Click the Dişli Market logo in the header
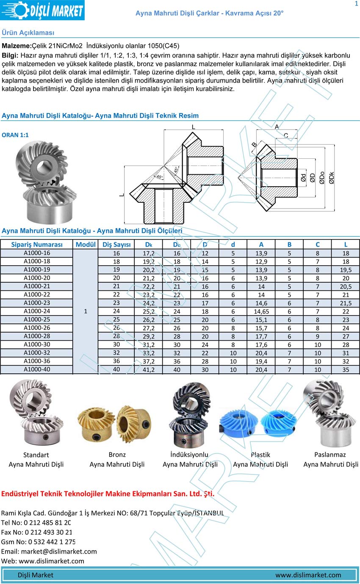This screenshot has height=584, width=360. (42, 10)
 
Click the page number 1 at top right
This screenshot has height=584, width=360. (356, 4)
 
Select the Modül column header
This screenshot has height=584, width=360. (86, 245)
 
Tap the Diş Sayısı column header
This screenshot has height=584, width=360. (116, 245)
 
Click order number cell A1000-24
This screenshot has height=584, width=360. (37, 311)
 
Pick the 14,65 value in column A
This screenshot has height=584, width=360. (261, 311)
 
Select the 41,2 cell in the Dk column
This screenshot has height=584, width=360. (148, 370)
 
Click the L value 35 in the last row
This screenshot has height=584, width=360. (346, 370)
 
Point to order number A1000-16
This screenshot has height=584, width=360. (37, 253)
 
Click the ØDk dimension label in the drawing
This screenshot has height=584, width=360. (331, 178)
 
